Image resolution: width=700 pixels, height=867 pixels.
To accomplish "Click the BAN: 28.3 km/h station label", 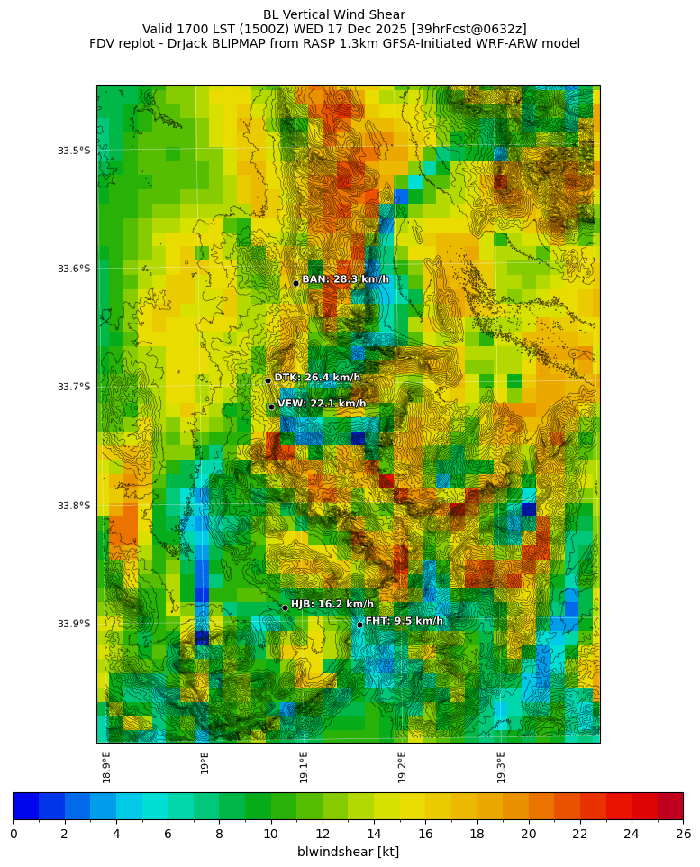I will coord(345,279).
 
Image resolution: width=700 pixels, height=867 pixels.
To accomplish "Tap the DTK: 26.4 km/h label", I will coord(317,378).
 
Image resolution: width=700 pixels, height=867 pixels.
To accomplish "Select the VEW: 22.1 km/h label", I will coord(322,404).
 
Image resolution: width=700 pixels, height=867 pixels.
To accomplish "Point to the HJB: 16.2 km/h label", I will coord(332,604).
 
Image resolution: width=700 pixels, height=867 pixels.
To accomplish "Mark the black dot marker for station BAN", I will coord(295,283).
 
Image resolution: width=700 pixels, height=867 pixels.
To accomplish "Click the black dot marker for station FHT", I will coord(359,625).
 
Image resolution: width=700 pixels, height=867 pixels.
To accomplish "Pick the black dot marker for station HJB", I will coord(285,607).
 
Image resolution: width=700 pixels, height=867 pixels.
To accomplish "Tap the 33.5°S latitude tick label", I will coord(74,151).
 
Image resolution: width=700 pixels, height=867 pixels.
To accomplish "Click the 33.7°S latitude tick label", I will coord(74,387).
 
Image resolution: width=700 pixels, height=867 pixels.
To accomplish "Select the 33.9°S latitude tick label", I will coord(74,624).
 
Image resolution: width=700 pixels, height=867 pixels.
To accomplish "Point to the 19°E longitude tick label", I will coord(205,763).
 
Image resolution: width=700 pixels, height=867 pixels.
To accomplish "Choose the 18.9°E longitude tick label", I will coord(107,766).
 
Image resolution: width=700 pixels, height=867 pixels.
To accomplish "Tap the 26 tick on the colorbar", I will coord(683,834).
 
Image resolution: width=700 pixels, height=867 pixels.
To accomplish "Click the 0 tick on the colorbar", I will coord(14,834).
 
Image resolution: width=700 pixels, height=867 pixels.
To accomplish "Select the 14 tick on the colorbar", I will coord(374,834).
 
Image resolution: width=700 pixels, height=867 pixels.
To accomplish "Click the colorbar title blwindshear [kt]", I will coord(348,852).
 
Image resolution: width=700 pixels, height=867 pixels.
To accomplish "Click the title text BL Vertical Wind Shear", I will coord(334,14).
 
